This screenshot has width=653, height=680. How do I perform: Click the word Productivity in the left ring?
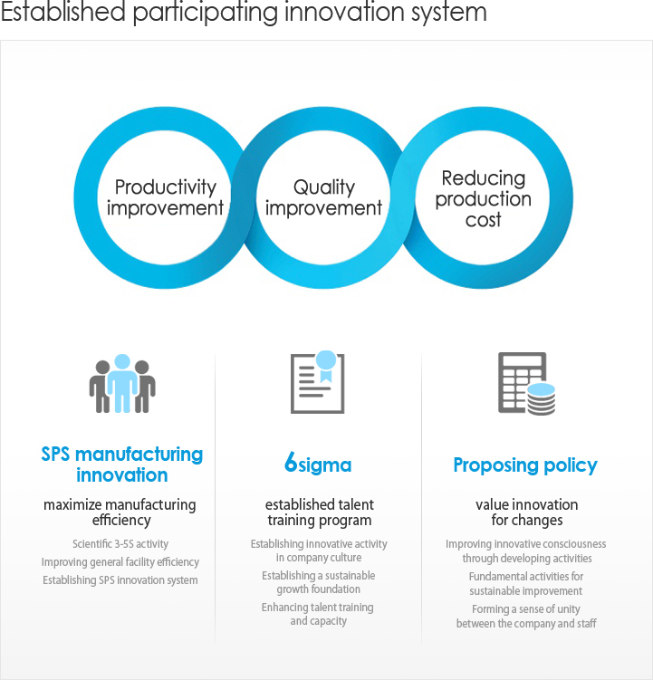point(166,187)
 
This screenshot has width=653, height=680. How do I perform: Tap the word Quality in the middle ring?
point(324,187)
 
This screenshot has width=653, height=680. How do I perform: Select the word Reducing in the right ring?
point(484,178)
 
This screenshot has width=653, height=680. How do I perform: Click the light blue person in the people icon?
point(122,383)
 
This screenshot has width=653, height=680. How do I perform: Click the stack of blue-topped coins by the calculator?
point(541,399)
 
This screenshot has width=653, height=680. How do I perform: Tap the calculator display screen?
point(522,360)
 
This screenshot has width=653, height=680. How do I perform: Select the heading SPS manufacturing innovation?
point(122,465)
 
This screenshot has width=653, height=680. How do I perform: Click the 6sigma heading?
point(318,464)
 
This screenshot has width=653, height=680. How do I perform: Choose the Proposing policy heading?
point(525,465)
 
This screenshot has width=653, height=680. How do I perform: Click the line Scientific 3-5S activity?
point(120,544)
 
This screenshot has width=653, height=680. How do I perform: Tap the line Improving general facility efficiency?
point(120,562)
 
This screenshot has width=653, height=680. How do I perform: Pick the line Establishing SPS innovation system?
point(120,580)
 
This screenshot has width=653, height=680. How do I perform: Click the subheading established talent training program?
point(320,512)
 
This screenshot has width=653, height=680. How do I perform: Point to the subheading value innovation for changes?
point(527,512)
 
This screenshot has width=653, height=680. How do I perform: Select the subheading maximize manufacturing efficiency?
point(120,512)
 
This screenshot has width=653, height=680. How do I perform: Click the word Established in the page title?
point(62,11)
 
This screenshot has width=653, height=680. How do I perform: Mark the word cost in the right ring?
point(483,220)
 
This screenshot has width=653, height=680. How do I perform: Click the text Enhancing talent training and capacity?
point(318,614)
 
